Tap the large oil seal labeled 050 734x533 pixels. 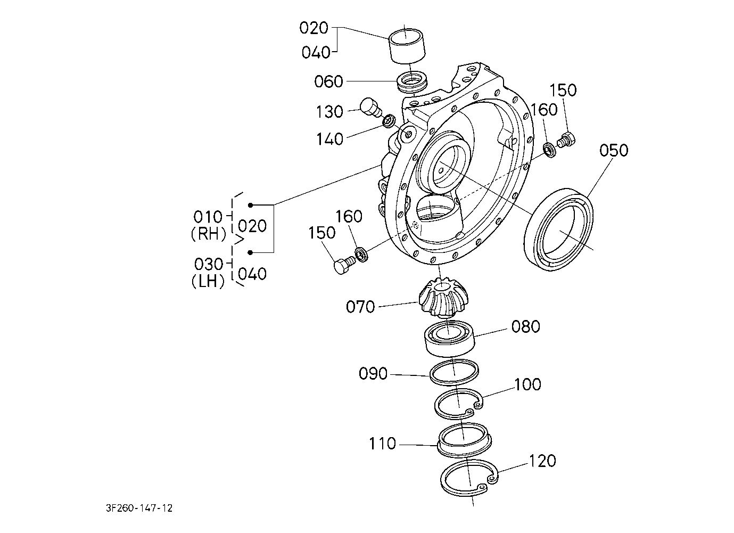[559, 229]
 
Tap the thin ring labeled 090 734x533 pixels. [454, 372]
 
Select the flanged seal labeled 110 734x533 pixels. [464, 439]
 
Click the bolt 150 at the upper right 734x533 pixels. [567, 140]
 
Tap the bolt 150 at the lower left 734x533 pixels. [344, 264]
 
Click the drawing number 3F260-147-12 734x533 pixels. [139, 508]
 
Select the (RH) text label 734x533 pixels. [209, 234]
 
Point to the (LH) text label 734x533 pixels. [208, 281]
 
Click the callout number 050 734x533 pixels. [614, 151]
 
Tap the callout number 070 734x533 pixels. [360, 307]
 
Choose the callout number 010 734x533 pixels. [208, 217]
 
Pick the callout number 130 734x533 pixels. [329, 112]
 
